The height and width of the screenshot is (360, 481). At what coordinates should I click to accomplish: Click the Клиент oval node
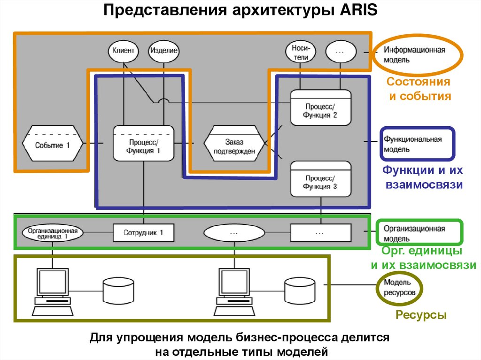pos(124,51)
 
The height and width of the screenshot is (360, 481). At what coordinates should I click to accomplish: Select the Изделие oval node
pos(163,51)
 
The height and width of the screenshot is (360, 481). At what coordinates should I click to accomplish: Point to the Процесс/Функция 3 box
pos(320,179)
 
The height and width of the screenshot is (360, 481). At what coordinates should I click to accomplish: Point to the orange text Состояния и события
pos(419,89)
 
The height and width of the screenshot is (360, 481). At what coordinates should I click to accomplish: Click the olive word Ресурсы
pos(420,315)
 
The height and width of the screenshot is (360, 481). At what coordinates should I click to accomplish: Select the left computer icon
pos(52,291)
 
